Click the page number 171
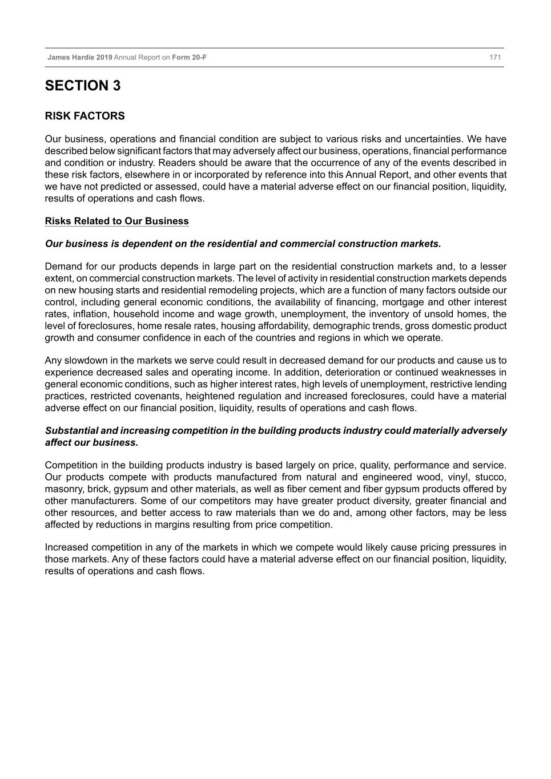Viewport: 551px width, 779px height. pyautogui.click(x=495, y=58)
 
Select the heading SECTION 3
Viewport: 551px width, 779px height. pyautogui.click(x=83, y=86)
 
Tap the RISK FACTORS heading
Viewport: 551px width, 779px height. pyautogui.click(x=85, y=116)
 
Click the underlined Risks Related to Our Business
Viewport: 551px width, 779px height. pyautogui.click(x=116, y=221)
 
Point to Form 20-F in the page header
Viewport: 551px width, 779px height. pyautogui.click(x=189, y=58)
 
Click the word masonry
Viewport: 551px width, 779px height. pyautogui.click(x=64, y=489)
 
